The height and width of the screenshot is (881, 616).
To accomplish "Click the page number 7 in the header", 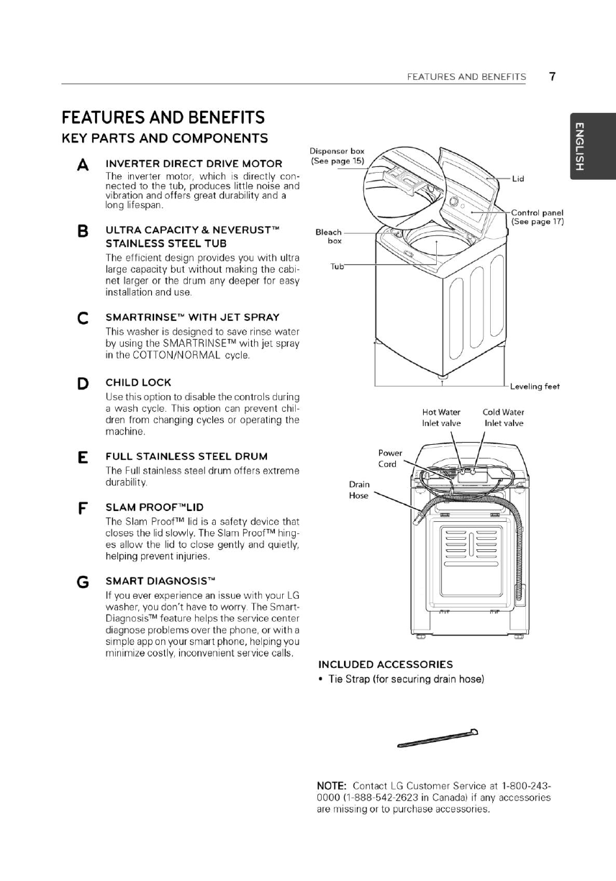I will tap(553, 76).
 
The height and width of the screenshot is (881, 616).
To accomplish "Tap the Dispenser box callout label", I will tap(338, 155).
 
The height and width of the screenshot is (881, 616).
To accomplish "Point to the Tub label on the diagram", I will tap(337, 266).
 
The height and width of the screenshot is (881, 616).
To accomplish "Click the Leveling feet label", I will tap(535, 387).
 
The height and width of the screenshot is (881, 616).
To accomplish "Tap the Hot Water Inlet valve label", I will tap(441, 417).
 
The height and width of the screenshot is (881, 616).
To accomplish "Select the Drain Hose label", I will tap(358, 490).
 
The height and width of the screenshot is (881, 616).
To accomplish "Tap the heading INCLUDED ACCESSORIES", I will tap(385, 664).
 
